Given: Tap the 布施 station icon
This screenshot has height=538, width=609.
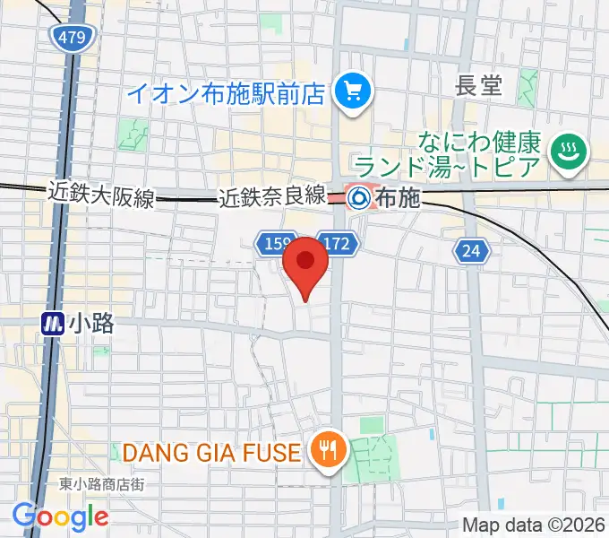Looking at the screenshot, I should coord(360,195).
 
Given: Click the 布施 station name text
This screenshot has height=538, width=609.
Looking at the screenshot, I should coord(398,197).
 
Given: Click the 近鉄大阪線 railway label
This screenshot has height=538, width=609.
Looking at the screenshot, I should coord(100,193).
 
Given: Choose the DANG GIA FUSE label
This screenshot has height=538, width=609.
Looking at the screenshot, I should coord(210,452).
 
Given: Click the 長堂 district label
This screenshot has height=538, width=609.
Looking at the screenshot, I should coord(479,86).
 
